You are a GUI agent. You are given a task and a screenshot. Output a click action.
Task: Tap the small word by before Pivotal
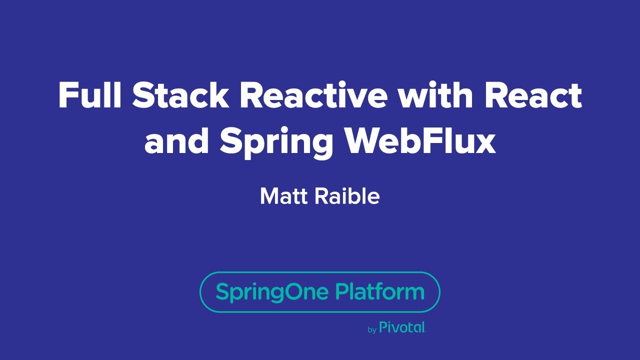(x=371, y=330)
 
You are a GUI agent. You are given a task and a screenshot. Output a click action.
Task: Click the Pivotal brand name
(x=402, y=327)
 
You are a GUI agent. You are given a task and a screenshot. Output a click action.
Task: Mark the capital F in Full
(x=66, y=95)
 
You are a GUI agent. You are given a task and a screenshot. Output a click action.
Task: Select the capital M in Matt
(x=268, y=196)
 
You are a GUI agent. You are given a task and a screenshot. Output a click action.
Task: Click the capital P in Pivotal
(x=383, y=327)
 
